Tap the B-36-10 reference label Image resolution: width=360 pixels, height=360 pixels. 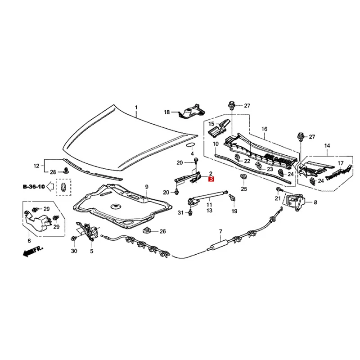coord(34,185)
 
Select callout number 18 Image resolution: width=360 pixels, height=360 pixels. coord(166,112)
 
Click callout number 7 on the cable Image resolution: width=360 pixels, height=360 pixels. coord(221,231)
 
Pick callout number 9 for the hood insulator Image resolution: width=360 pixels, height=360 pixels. coord(146,186)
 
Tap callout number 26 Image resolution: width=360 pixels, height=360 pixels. coord(162,232)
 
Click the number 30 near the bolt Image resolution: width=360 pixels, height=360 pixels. coord(74,251)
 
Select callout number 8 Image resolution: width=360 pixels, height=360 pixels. coord(315,202)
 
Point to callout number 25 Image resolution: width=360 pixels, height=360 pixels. coord(244,189)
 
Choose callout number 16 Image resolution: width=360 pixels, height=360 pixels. coord(265,129)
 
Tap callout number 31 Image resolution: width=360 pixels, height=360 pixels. coord(180,212)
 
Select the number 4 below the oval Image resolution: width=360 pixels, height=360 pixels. coord(192,154)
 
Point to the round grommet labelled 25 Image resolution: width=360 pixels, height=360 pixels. coord(243,176)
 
